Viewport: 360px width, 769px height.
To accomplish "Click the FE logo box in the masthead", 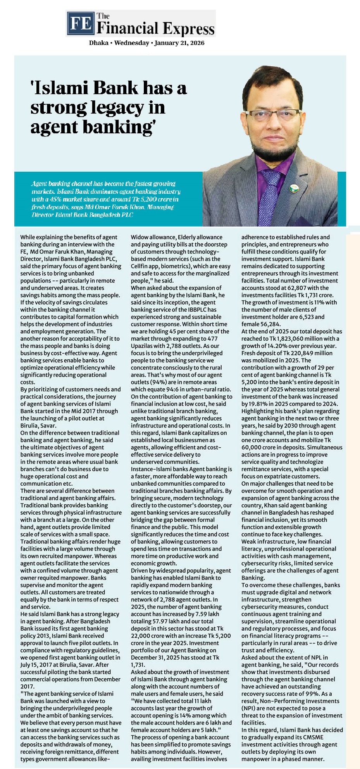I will [80, 23].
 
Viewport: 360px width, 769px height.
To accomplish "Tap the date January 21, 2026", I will [179, 43].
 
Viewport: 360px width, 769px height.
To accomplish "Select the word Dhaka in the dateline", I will [98, 43].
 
